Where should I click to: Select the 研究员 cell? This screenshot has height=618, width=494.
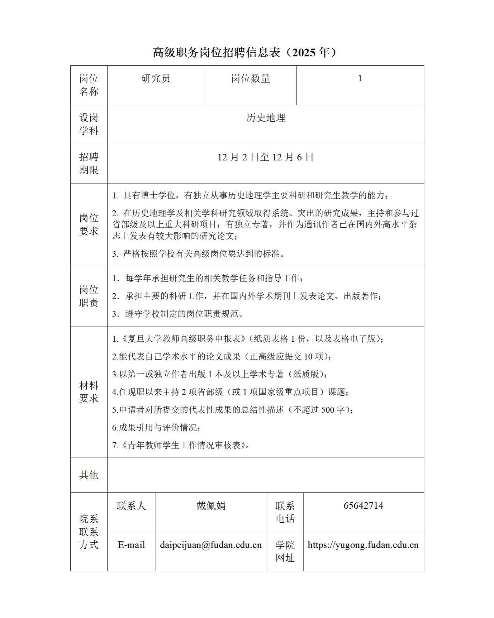point(156,78)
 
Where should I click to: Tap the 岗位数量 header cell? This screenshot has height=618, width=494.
point(250,78)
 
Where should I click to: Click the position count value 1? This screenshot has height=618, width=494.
point(360,78)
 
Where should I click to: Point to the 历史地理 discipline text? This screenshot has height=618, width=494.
point(266,118)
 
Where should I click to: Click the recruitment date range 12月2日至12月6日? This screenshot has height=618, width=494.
point(266,157)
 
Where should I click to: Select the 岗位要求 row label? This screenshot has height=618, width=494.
point(89,224)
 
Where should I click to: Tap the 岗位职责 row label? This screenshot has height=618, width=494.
point(89,296)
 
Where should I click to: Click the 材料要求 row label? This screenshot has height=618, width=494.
point(89,392)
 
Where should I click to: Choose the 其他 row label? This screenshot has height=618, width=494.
point(89,475)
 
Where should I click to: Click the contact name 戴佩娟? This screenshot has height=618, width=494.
point(211,506)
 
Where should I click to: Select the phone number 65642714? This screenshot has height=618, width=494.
point(363,505)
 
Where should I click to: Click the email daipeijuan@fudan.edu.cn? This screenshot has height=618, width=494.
point(211,545)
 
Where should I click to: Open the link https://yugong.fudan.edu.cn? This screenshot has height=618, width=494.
point(363,545)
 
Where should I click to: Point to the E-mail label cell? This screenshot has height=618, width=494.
point(131,545)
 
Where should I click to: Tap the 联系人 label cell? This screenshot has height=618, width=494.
point(131,506)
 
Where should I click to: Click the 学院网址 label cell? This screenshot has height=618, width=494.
point(285,551)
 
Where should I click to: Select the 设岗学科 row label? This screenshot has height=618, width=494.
point(89,124)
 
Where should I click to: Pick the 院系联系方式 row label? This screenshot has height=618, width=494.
point(89,532)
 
